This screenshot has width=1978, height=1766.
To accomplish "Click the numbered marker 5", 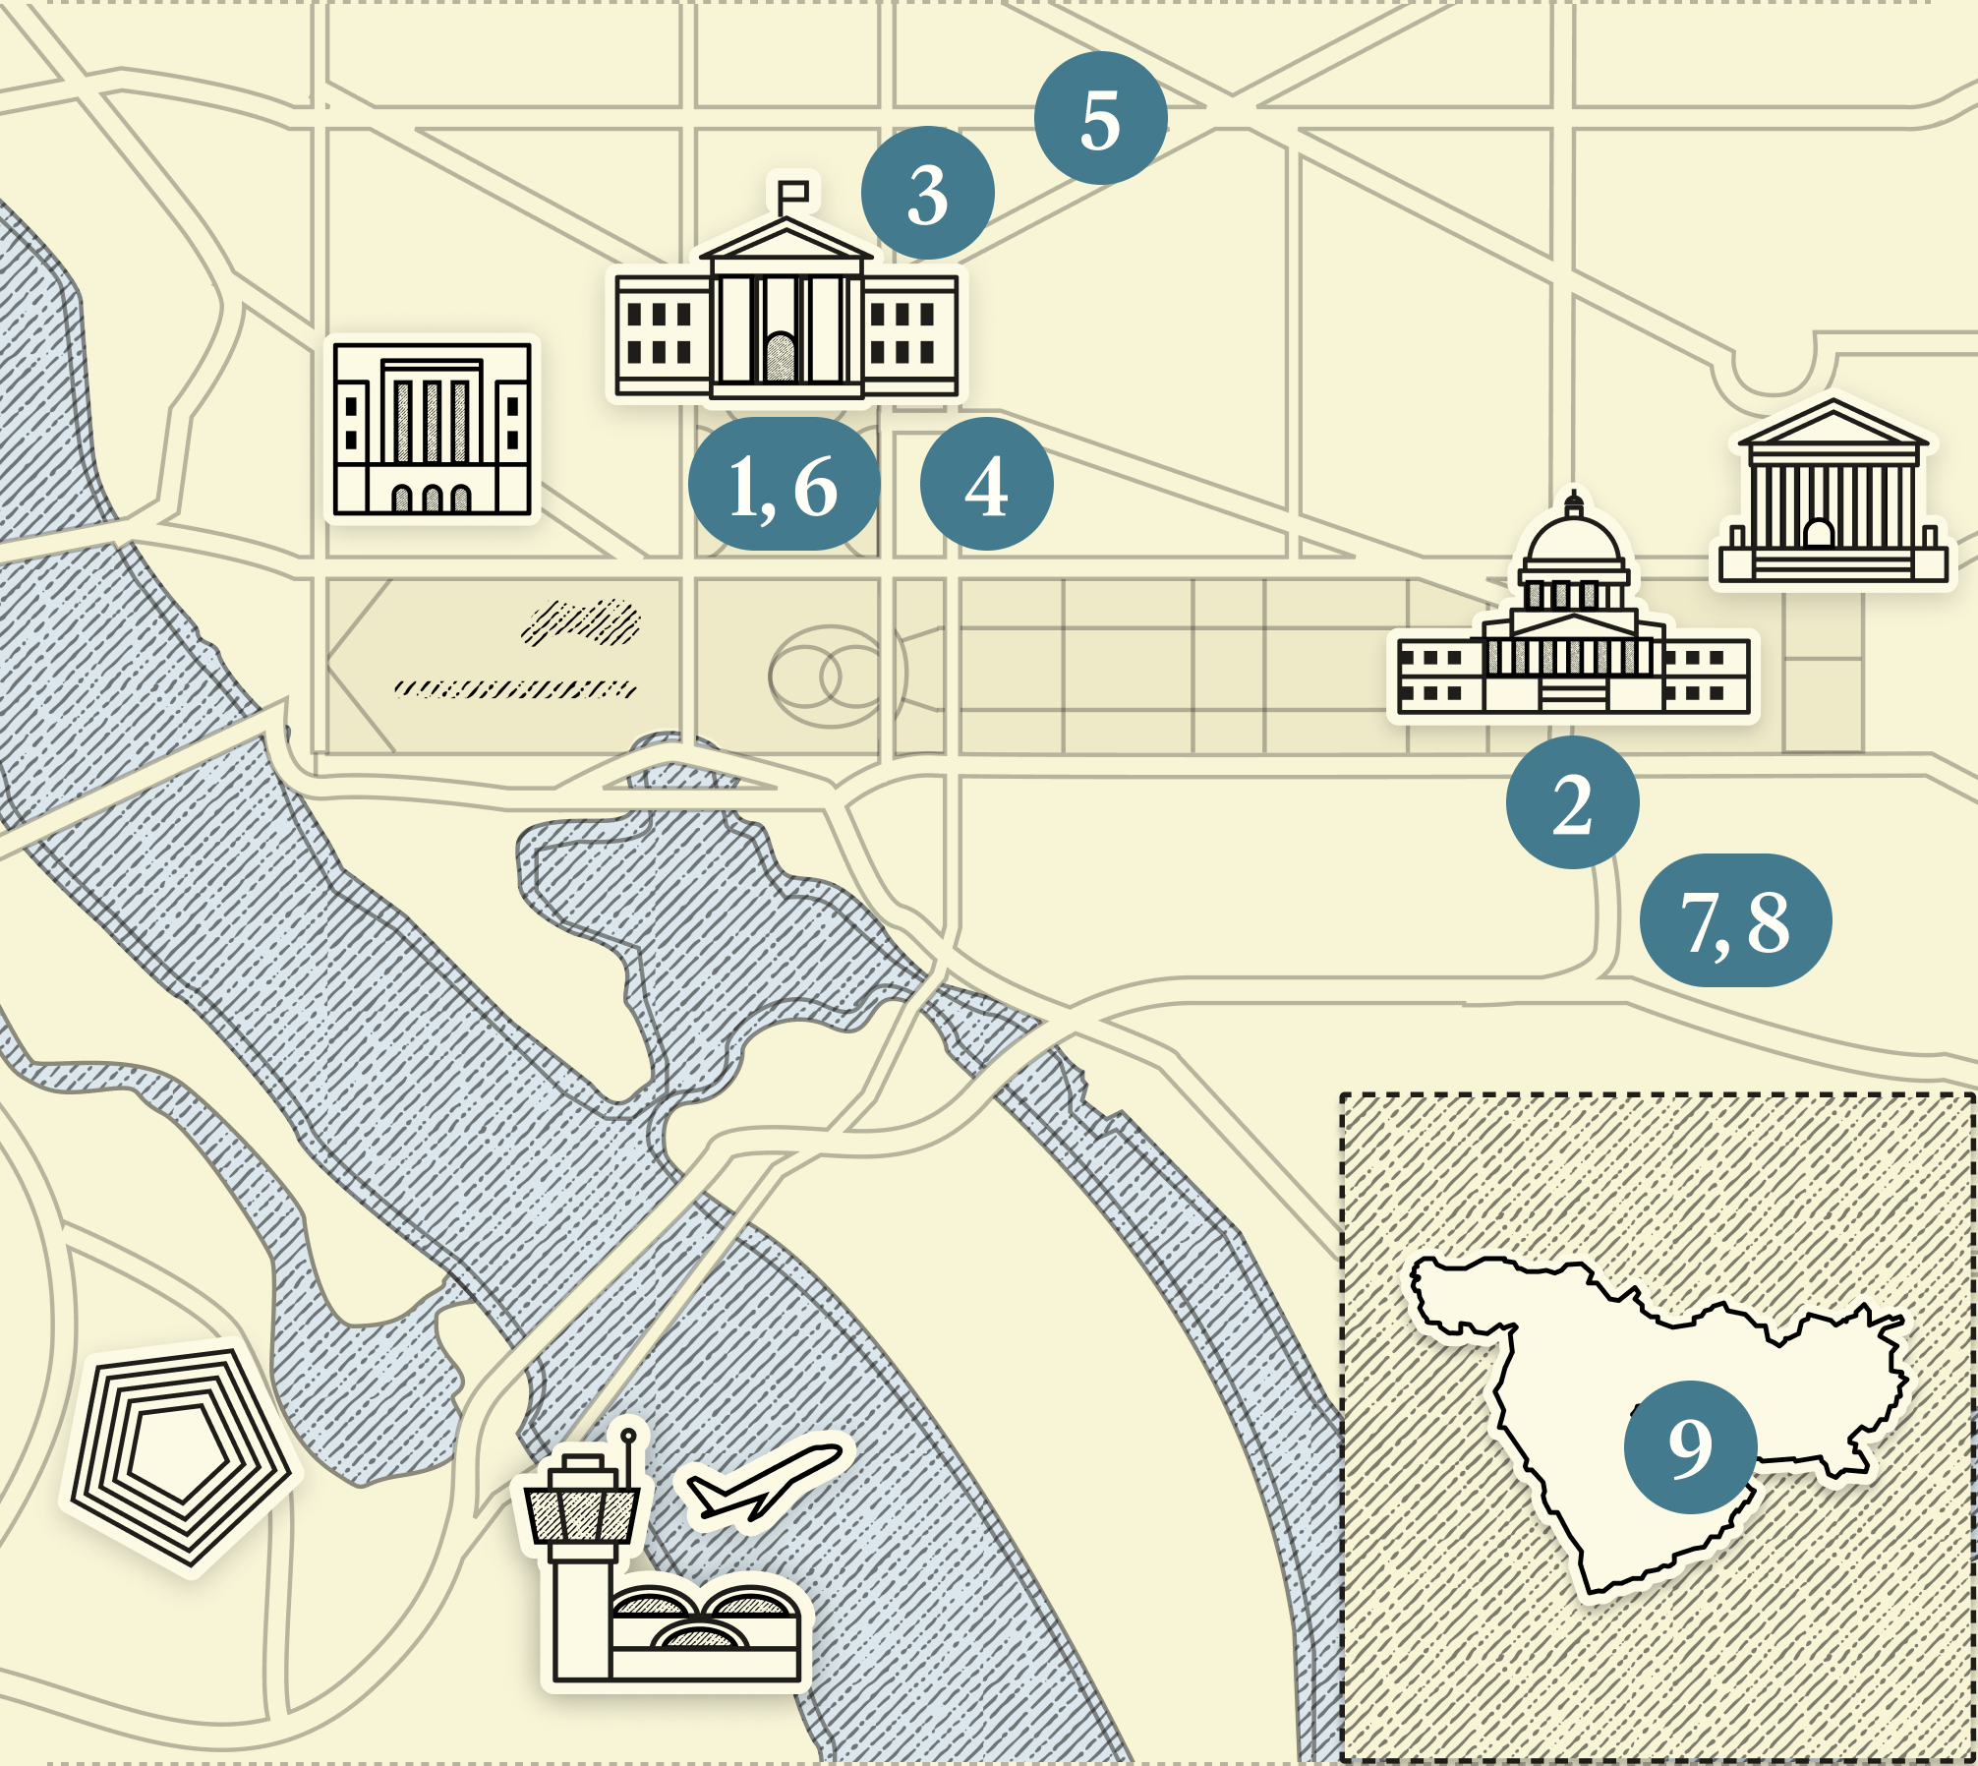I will tap(1100, 118).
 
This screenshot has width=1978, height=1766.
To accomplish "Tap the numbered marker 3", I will tap(927, 193).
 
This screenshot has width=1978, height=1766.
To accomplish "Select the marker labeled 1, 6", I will tap(784, 484).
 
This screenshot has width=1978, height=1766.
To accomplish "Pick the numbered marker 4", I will tap(986, 484).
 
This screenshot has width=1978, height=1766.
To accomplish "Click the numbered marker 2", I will tap(1572, 802).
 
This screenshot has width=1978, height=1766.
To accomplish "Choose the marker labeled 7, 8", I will tap(1735, 920).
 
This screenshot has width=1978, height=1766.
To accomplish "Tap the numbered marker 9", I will tap(1690, 1446).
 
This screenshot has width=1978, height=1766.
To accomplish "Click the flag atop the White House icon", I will tap(794, 192).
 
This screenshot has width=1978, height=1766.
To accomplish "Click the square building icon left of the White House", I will tap(432, 429).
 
